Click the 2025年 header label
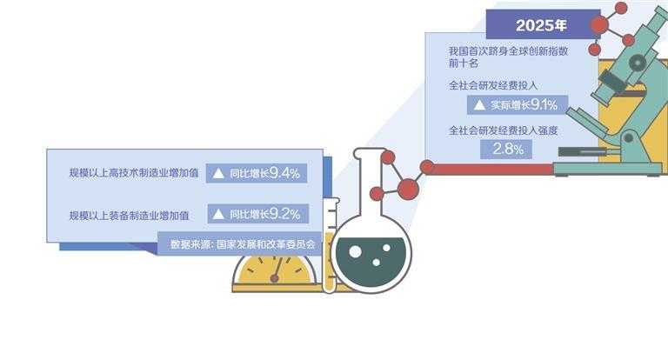[x=541, y=23]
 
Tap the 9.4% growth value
[x=284, y=173]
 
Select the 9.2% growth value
[x=284, y=214]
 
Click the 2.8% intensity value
[x=508, y=150]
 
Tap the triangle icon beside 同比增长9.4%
[x=218, y=174]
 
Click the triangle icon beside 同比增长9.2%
[x=218, y=214]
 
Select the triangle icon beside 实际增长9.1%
[x=479, y=105]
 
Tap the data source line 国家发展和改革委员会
[x=243, y=245]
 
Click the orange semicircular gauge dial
[x=274, y=271]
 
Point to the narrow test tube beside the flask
[x=330, y=248]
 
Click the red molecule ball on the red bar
[x=427, y=167]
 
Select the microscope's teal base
[x=609, y=167]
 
